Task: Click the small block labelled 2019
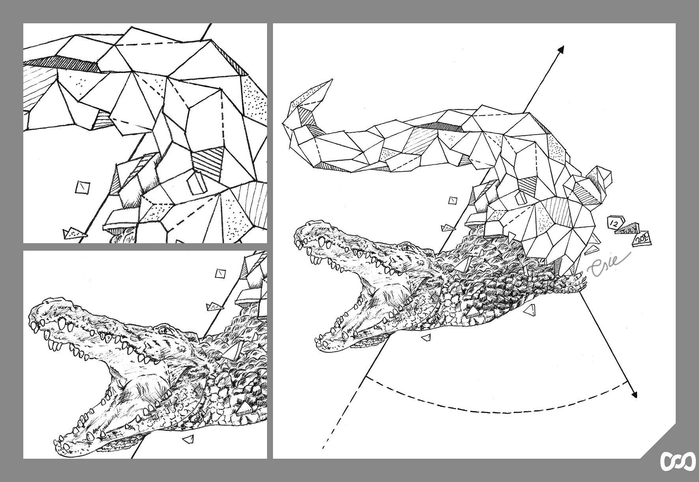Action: click(642, 238)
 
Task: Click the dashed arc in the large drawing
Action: click(505, 413)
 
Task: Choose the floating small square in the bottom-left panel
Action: click(221, 273)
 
